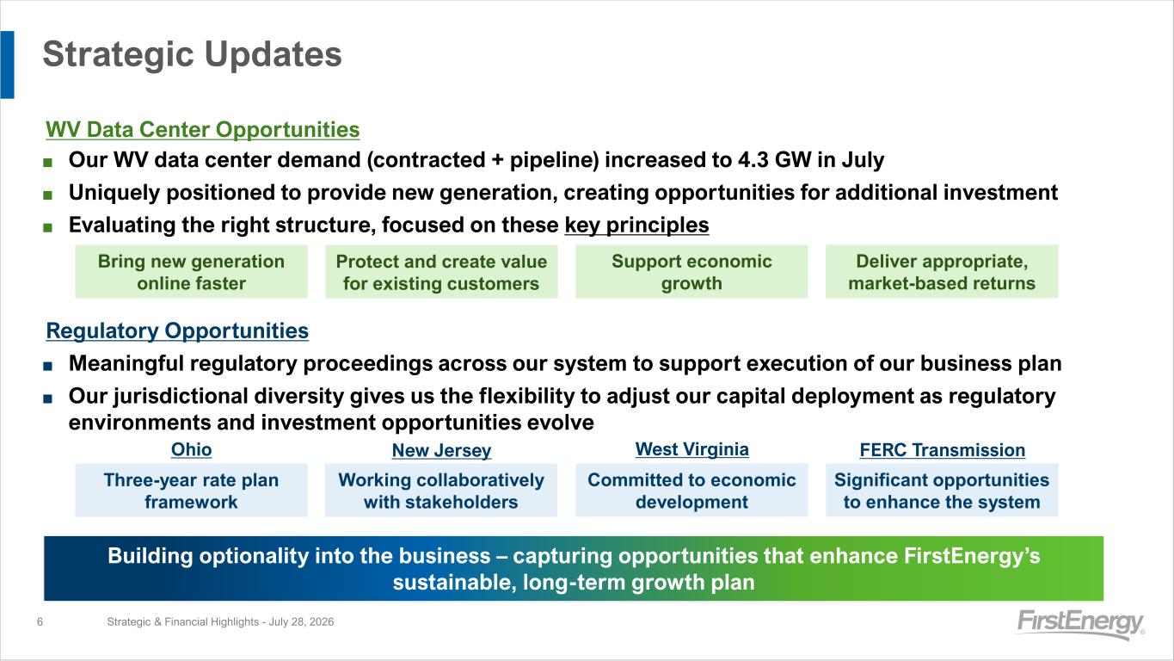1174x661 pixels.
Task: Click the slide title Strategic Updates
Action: pyautogui.click(x=192, y=54)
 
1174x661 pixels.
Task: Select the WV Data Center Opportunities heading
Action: pyautogui.click(x=202, y=130)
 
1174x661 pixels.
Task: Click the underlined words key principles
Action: pyautogui.click(x=636, y=225)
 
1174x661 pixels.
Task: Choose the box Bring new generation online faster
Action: pyautogui.click(x=191, y=272)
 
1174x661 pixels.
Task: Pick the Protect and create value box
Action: pyautogui.click(x=441, y=272)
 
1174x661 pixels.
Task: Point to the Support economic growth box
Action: pyautogui.click(x=691, y=272)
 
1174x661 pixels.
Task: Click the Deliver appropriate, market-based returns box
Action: pyautogui.click(x=942, y=272)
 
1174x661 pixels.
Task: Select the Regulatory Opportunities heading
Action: pyautogui.click(x=177, y=331)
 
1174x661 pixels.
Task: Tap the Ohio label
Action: pyautogui.click(x=191, y=449)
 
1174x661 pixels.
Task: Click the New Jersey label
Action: pyautogui.click(x=441, y=450)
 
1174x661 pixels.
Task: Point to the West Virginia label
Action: pyautogui.click(x=691, y=449)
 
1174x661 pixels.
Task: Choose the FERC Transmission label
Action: pyautogui.click(x=943, y=450)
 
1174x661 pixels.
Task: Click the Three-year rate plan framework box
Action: pyautogui.click(x=191, y=490)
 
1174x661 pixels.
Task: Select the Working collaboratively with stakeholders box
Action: pyautogui.click(x=441, y=490)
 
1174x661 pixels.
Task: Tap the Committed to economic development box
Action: pyautogui.click(x=691, y=490)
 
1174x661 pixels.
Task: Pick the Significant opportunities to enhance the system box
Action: pyautogui.click(x=942, y=490)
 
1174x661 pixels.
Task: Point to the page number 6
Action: pyautogui.click(x=40, y=622)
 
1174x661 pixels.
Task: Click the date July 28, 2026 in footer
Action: pyautogui.click(x=301, y=622)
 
